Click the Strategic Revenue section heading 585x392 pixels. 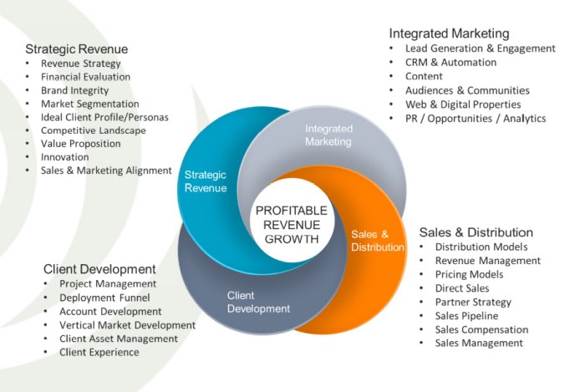pyautogui.click(x=76, y=49)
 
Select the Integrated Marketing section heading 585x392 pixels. pyautogui.click(x=449, y=33)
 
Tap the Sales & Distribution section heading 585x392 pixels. pyautogui.click(x=476, y=232)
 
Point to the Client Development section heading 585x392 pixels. pyautogui.click(x=99, y=269)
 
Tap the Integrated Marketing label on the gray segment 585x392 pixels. pyautogui.click(x=328, y=135)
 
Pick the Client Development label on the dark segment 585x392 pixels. pyautogui.click(x=258, y=302)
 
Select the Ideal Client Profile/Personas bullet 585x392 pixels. pyautogui.click(x=104, y=117)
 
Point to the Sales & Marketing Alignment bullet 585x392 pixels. pyautogui.click(x=105, y=170)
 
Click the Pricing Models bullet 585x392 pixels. pyautogui.click(x=469, y=274)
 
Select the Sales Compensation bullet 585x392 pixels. pyautogui.click(x=481, y=329)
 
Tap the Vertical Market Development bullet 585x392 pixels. pyautogui.click(x=127, y=324)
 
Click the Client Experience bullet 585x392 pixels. pyautogui.click(x=99, y=352)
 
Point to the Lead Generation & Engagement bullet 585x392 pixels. pyautogui.click(x=474, y=49)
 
